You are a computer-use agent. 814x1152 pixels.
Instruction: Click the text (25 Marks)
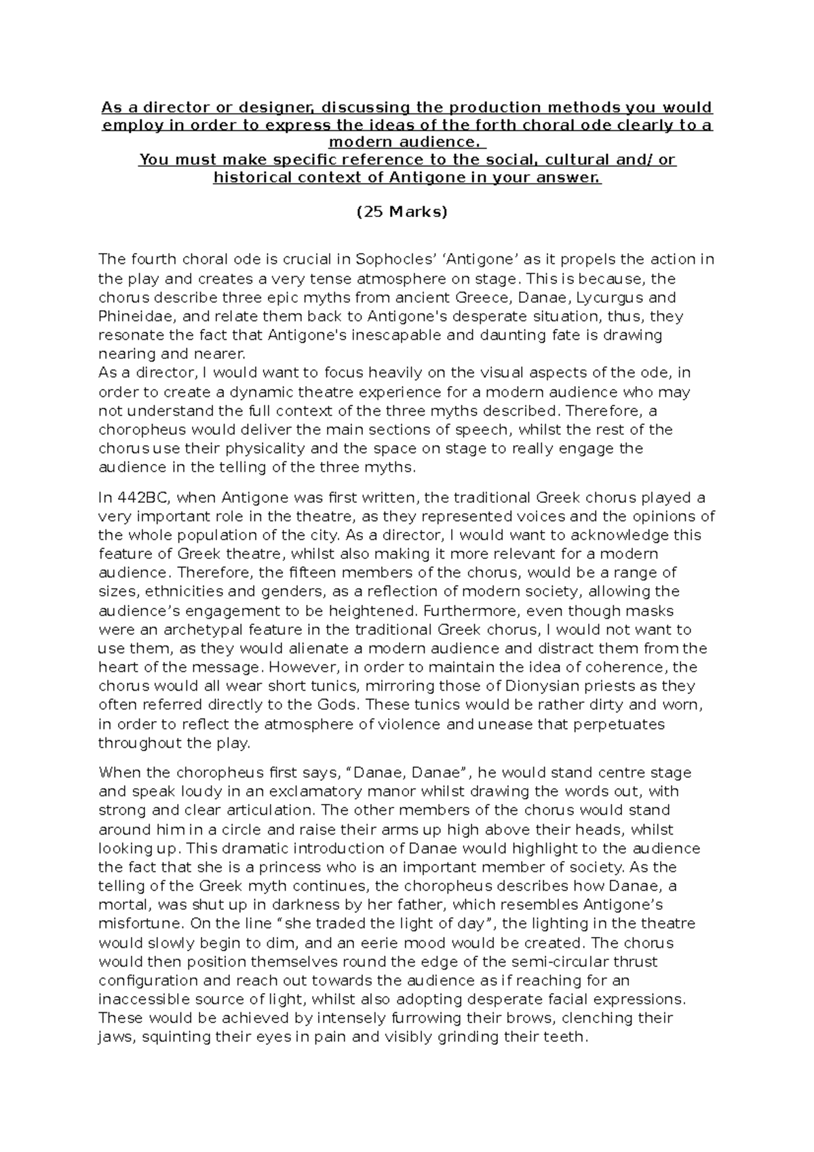pos(402,212)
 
